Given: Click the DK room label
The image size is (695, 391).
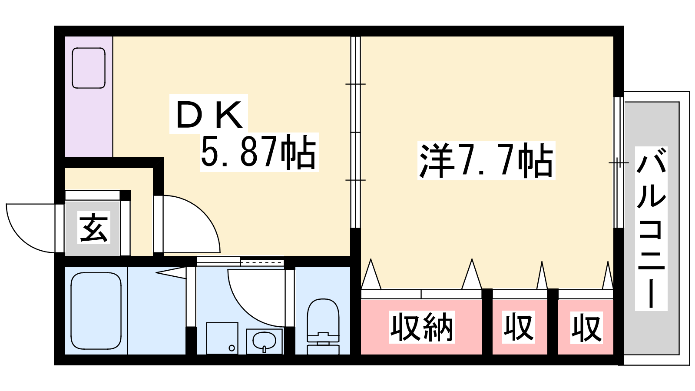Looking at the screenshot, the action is [x=209, y=114].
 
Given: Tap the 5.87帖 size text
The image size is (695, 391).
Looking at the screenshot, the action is [x=259, y=152].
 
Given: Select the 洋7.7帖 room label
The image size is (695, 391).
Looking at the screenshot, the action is [x=486, y=160].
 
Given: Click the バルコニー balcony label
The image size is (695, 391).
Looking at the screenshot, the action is [x=651, y=229].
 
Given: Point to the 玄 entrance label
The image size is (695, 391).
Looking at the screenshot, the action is [x=94, y=228].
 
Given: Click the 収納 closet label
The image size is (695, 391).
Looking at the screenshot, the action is [x=422, y=327].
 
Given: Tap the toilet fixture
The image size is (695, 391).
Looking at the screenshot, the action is [x=323, y=326].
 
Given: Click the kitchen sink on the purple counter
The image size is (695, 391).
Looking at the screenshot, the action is [x=89, y=68].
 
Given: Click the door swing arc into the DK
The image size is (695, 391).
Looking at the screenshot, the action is [x=202, y=214].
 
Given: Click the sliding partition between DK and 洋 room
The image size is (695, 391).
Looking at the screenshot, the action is [x=356, y=132].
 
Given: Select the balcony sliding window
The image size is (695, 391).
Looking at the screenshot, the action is [x=619, y=162].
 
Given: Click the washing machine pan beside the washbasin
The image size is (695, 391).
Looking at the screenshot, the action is [x=222, y=338].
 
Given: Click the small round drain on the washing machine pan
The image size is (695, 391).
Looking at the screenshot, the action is [x=232, y=348].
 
